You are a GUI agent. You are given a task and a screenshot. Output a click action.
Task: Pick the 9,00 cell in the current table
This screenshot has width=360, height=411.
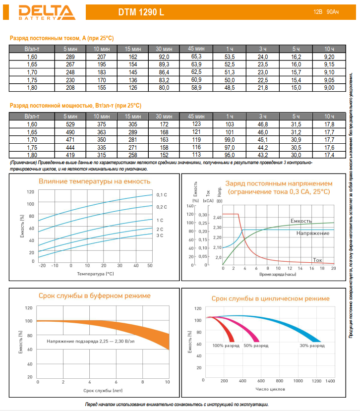[329, 87]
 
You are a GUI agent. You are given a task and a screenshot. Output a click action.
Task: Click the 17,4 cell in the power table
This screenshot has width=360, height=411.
[329, 155]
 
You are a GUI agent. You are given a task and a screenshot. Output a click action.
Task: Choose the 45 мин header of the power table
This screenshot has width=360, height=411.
[196, 116]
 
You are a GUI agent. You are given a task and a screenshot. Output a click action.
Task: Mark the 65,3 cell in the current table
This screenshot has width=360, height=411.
[196, 57]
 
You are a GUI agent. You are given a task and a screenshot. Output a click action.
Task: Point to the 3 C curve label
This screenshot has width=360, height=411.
[160, 235]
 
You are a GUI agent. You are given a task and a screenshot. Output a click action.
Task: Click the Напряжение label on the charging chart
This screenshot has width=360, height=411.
[312, 233]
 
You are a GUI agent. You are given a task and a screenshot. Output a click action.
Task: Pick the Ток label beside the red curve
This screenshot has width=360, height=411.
[318, 260]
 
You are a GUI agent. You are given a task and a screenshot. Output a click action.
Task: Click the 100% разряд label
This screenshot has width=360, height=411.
[226, 345]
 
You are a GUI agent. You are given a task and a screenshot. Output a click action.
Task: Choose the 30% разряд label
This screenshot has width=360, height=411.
[311, 345]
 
